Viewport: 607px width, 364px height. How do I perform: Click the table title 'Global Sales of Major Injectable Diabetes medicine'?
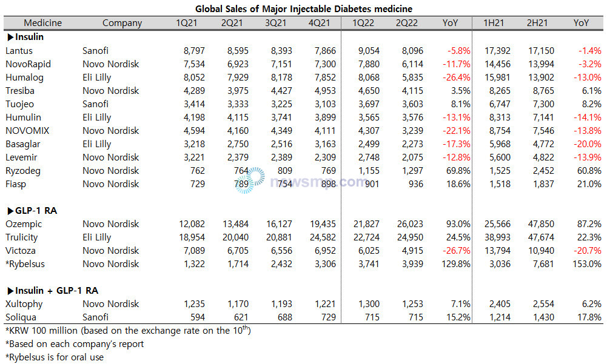(x=303, y=8)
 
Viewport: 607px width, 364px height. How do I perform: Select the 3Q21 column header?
(x=275, y=23)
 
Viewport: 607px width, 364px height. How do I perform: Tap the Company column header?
(x=122, y=23)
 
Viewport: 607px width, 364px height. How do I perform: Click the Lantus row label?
(x=19, y=51)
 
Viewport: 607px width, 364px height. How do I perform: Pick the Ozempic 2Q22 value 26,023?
(x=410, y=224)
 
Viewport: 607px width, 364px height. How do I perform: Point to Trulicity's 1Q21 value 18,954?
(x=192, y=237)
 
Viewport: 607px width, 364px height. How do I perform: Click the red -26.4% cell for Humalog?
(x=457, y=78)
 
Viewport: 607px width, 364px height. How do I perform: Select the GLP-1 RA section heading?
(x=32, y=211)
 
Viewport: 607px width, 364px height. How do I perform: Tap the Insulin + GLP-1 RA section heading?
(x=53, y=291)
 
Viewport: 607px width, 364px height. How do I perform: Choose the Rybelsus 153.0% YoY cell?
(x=587, y=264)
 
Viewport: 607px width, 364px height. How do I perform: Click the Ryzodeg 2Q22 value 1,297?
(x=412, y=171)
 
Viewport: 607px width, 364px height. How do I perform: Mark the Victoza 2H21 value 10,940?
(x=541, y=251)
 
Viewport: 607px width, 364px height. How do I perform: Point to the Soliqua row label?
(x=21, y=317)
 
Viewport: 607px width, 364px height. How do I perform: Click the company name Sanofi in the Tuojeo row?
(x=95, y=104)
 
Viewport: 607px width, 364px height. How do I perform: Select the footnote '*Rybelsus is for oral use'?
(x=55, y=357)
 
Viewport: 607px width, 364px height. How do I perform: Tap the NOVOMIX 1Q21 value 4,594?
(x=194, y=131)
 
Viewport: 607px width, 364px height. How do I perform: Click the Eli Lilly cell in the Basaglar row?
(x=97, y=144)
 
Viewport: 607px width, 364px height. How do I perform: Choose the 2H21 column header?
(x=537, y=23)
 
